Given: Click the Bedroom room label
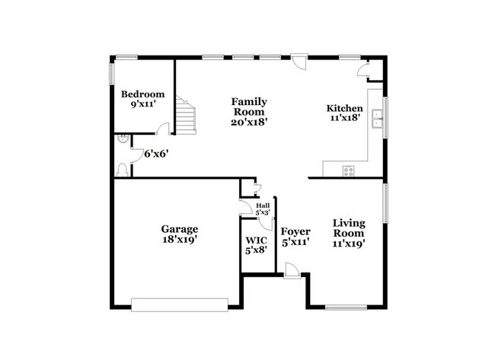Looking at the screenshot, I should (142, 94).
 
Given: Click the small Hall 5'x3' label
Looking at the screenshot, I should (263, 209).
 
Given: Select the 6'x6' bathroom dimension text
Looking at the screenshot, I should (156, 153).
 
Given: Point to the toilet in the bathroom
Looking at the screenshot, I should (123, 170).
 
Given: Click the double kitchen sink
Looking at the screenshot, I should (377, 117).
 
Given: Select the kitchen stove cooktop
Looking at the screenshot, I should (348, 170).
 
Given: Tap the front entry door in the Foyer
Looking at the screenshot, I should (292, 269).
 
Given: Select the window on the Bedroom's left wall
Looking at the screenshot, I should (111, 73).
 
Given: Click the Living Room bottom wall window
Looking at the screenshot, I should (344, 307).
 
